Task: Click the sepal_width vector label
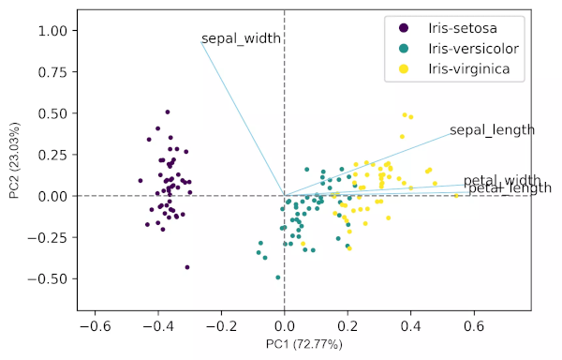click(x=242, y=39)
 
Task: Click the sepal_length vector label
click(x=492, y=129)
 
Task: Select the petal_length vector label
click(x=510, y=189)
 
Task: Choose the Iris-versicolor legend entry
click(x=473, y=48)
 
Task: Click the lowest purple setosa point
click(x=187, y=267)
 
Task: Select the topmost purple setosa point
click(x=167, y=112)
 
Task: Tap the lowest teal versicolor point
click(x=277, y=277)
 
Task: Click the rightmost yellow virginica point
click(x=456, y=196)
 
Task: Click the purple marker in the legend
click(x=404, y=27)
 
